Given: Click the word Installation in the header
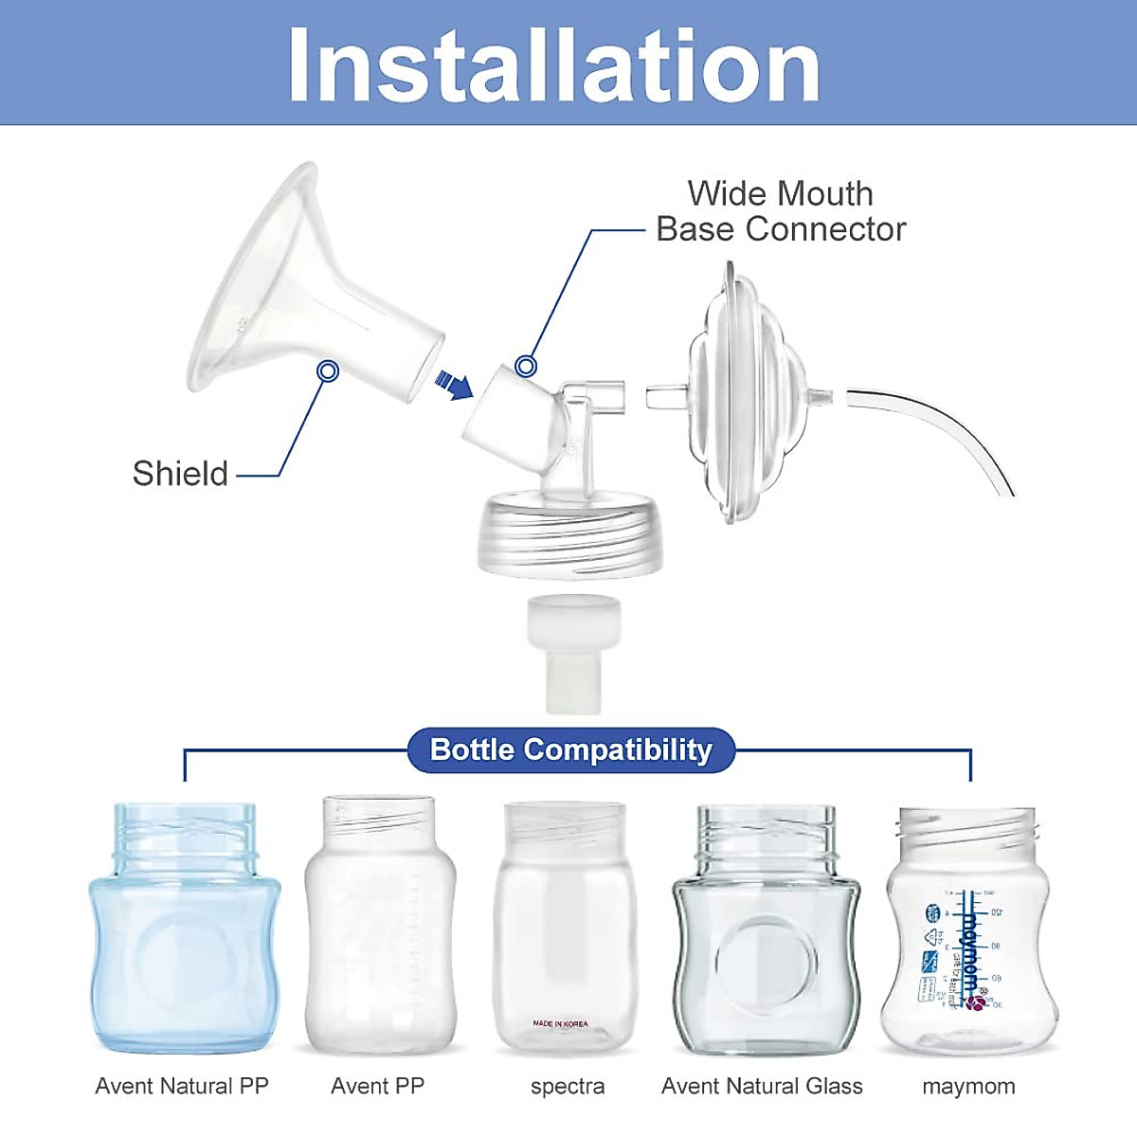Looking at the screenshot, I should tap(554, 64).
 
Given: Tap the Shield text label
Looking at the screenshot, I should tap(180, 473).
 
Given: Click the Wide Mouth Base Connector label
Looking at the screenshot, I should tap(781, 211).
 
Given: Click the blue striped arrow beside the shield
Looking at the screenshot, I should tap(454, 384).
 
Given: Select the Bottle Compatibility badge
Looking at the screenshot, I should tap(570, 749).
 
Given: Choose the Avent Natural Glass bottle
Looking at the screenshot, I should tap(766, 933).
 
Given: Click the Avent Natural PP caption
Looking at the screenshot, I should tap(182, 1086).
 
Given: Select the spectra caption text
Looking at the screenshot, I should tap(568, 1087).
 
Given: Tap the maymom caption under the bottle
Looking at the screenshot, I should tap(968, 1086).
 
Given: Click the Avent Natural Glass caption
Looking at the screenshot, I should tap(762, 1086).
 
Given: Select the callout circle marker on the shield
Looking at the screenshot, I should tap(328, 370).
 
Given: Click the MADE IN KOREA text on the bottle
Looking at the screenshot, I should tap(560, 1023).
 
